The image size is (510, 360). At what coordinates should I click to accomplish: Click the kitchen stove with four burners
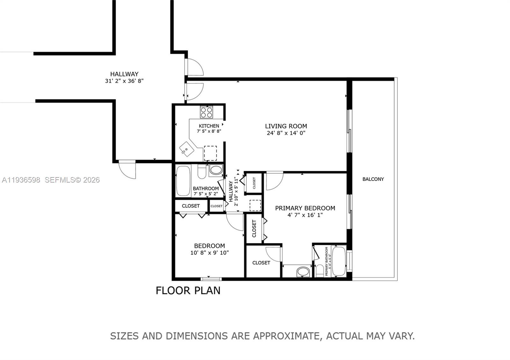207,112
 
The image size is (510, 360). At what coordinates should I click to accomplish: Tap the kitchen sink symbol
186,149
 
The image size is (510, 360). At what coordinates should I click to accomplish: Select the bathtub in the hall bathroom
183,181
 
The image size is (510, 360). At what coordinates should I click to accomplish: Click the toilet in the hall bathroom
202,172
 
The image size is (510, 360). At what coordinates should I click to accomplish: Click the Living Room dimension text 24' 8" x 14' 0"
286,133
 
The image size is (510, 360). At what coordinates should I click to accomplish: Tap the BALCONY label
373,179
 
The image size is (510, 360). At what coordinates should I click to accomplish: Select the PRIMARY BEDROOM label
305,208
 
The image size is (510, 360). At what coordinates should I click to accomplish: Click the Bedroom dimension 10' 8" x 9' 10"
209,253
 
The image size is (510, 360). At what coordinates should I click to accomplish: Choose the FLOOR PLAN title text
188,291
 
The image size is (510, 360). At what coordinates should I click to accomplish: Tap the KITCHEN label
209,126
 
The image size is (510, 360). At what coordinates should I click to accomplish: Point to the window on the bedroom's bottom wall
211,279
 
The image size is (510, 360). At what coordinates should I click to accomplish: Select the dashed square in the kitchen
210,153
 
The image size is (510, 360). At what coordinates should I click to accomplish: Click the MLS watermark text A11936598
21,180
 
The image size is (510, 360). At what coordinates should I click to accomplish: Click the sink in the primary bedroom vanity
303,272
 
